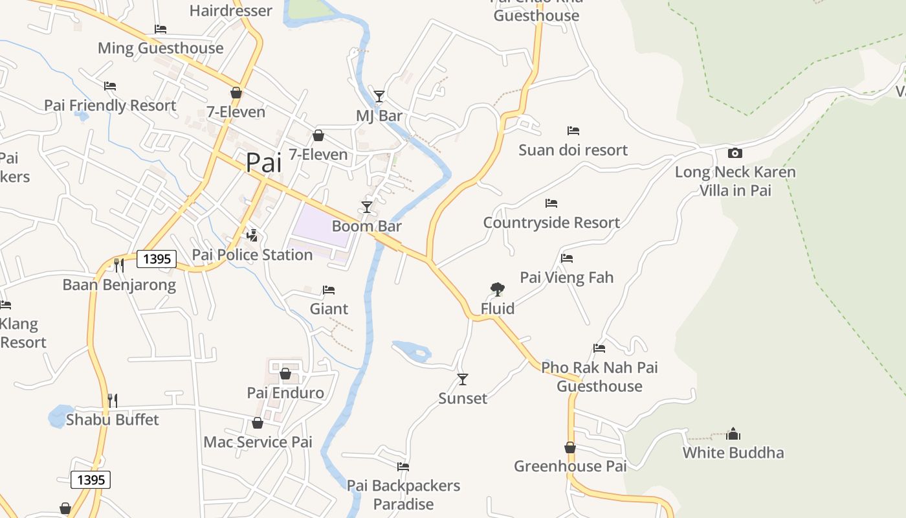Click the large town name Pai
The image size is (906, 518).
point(263,163)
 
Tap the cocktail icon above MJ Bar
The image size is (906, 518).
point(379,96)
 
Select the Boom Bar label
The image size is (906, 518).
point(366,226)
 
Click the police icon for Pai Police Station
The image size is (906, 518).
point(252,235)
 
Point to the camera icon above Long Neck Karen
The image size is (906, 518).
point(735,153)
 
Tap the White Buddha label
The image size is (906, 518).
point(733,452)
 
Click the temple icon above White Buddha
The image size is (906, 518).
point(733,433)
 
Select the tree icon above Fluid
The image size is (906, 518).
point(497,289)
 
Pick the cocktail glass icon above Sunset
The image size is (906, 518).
point(462,379)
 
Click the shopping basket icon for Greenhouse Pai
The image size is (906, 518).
point(569,447)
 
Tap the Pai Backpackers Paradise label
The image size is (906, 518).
point(403,494)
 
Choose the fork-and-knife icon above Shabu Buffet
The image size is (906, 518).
point(113,400)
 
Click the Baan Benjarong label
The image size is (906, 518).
point(119,284)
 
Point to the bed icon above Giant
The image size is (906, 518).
point(329,289)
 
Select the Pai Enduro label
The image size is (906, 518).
point(285,392)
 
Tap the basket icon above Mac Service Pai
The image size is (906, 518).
point(258,423)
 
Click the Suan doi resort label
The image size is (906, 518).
point(573,150)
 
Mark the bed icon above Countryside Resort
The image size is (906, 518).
point(551,203)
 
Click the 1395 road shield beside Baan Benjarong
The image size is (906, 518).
point(157,260)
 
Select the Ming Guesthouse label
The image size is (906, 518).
point(160,48)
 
